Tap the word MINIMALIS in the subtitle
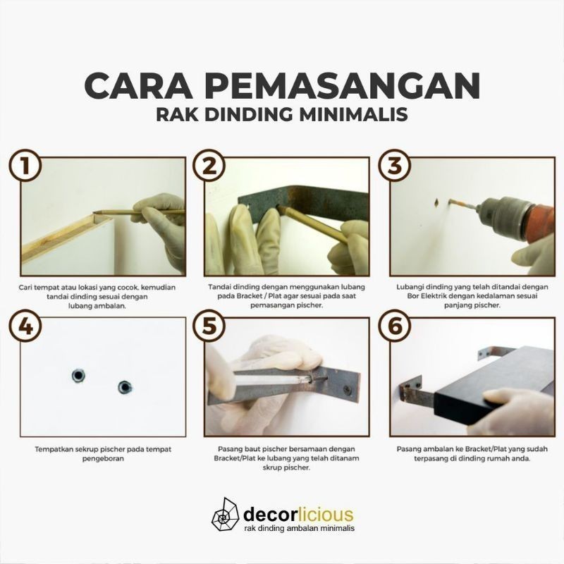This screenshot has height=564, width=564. [354, 114]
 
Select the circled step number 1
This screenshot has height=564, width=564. [25, 166]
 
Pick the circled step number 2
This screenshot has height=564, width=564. [209, 166]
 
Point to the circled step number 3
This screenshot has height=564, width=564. [395, 166]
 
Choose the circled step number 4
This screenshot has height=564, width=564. [25, 326]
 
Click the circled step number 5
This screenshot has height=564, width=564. [209, 326]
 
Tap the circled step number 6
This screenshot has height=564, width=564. [395, 326]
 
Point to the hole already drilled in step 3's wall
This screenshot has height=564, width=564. [436, 202]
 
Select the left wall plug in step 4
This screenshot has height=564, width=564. [78, 376]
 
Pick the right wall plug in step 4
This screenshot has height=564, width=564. [125, 387]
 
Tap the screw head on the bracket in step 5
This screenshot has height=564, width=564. [347, 389]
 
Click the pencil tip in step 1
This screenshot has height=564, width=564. [95, 213]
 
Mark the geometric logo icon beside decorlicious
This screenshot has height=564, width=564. [225, 515]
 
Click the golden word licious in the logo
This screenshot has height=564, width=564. [326, 515]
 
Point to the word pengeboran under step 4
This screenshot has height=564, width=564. [103, 459]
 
